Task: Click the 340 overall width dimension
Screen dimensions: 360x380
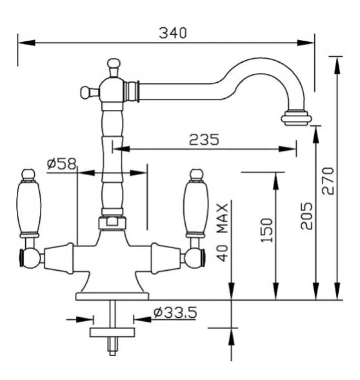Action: click(x=173, y=33)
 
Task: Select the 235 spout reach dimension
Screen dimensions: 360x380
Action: click(x=204, y=139)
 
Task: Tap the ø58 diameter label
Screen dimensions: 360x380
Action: click(x=61, y=163)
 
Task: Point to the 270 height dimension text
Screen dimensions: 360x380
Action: click(x=328, y=181)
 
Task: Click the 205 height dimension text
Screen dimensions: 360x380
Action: click(x=306, y=216)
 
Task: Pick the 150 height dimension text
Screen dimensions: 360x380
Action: click(x=266, y=230)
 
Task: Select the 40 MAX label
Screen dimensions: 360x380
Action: click(x=222, y=233)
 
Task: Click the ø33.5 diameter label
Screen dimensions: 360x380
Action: click(x=175, y=312)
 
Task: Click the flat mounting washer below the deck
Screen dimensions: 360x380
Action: click(x=112, y=332)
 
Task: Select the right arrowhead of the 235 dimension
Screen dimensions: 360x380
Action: click(x=287, y=149)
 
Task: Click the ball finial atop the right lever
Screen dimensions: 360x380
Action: click(x=196, y=174)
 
